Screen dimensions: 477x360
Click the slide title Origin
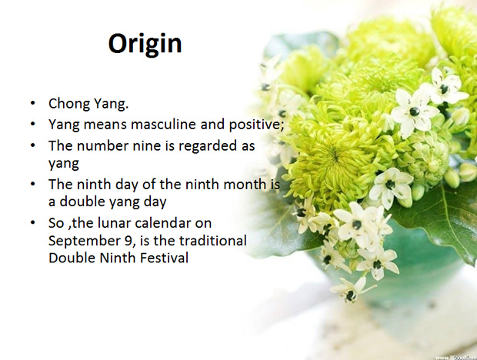145,45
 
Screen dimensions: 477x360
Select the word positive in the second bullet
256,125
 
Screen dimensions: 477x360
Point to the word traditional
212,241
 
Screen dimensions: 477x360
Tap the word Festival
164,258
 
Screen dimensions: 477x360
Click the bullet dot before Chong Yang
33,103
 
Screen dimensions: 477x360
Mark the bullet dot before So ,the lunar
33,223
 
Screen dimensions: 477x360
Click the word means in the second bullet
105,125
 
